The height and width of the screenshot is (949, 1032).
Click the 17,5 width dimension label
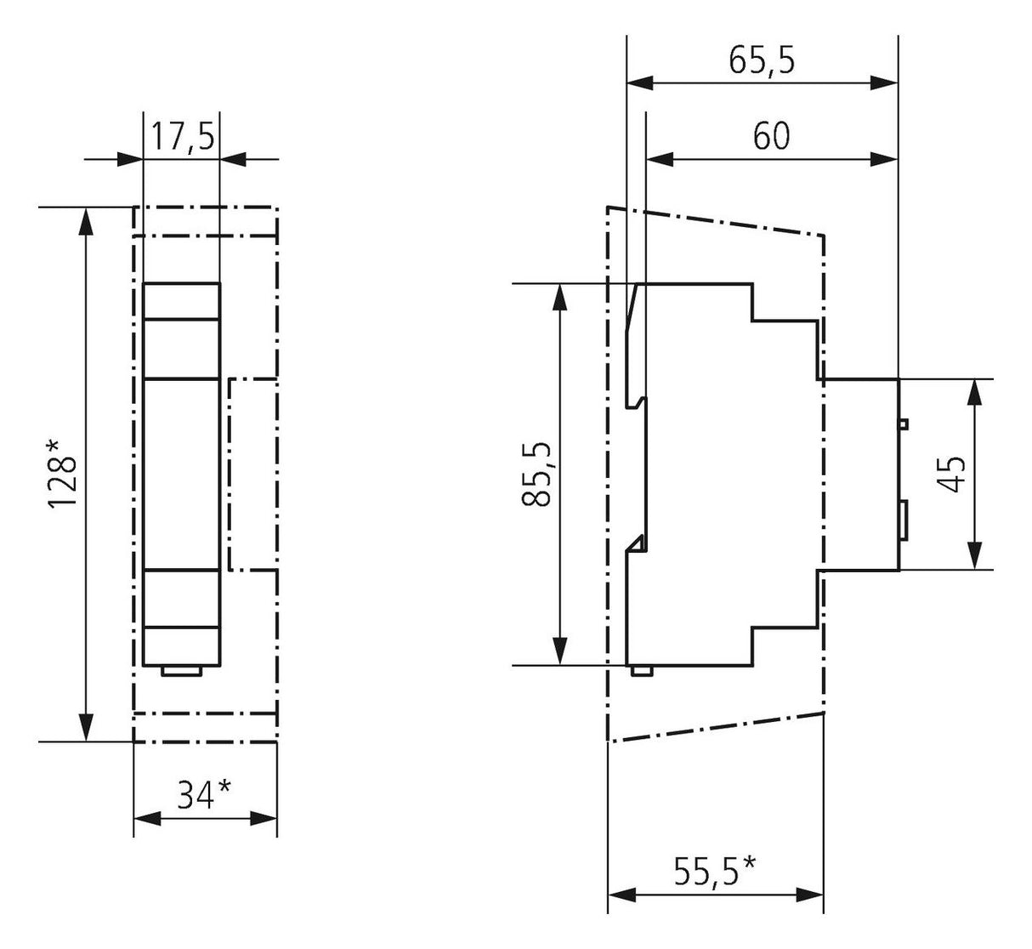pyautogui.click(x=182, y=136)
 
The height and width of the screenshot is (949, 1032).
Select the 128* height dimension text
pyautogui.click(x=63, y=474)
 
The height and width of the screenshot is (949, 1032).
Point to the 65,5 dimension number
pyautogui.click(x=762, y=60)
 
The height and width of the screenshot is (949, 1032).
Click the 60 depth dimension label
pyautogui.click(x=771, y=136)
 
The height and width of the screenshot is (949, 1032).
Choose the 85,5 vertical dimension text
pyautogui.click(x=536, y=474)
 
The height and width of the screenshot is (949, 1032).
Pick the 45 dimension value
pyautogui.click(x=952, y=474)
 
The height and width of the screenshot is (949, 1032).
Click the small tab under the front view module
pyautogui.click(x=182, y=671)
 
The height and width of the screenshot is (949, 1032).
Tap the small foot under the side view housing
pyautogui.click(x=642, y=671)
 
